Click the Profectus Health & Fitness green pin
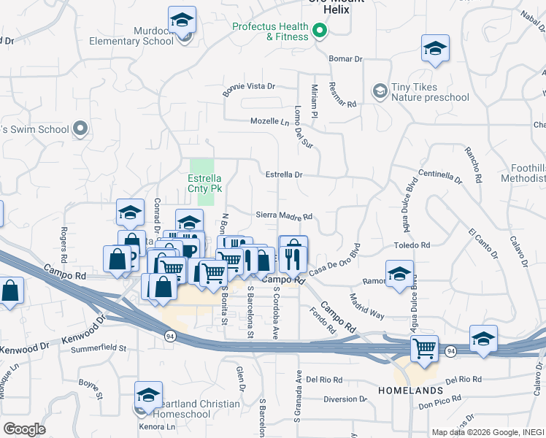(x=319, y=31)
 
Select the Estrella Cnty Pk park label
(x=204, y=182)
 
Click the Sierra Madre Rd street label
(x=284, y=216)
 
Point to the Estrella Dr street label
(x=283, y=175)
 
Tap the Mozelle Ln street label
(x=270, y=121)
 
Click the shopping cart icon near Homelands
(x=424, y=348)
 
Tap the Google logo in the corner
(x=24, y=429)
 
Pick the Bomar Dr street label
(x=345, y=58)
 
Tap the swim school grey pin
(x=81, y=130)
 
